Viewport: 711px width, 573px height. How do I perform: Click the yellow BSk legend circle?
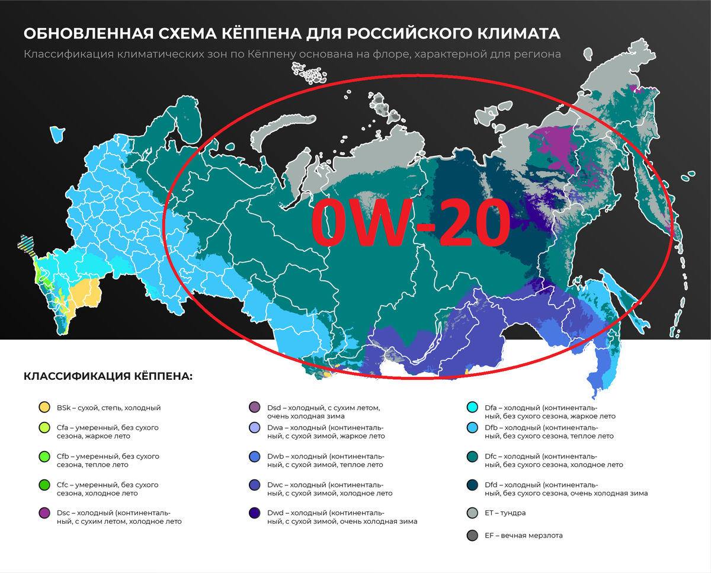click(43, 408)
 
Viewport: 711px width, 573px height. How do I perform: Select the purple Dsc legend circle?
click(43, 514)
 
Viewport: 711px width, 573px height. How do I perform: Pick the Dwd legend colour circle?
click(255, 514)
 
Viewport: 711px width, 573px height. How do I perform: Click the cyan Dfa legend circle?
click(472, 408)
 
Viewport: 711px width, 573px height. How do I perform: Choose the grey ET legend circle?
click(472, 513)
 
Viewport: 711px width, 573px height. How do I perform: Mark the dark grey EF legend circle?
click(472, 536)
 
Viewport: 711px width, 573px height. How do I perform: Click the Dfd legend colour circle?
click(472, 485)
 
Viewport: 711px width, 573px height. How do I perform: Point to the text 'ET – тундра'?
click(505, 513)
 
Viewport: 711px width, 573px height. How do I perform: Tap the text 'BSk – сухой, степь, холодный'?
click(108, 408)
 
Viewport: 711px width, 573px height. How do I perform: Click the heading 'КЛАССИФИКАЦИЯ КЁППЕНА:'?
click(108, 377)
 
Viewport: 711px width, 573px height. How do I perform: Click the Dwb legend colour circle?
click(255, 457)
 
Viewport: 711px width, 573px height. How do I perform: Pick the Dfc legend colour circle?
click(472, 457)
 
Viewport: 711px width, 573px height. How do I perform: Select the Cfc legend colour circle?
click(43, 485)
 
